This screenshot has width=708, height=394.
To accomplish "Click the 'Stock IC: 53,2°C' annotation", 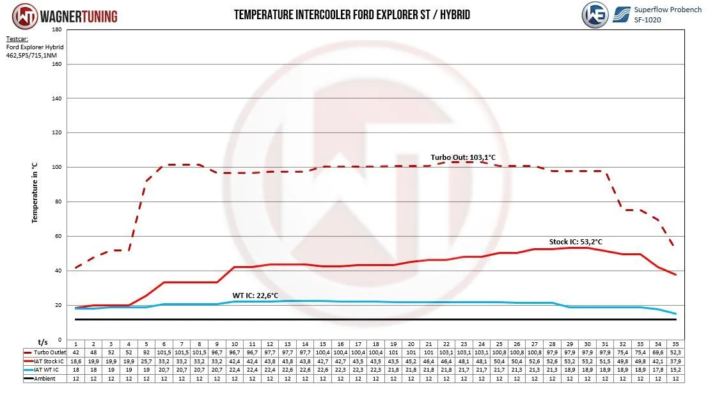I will pos(576,242).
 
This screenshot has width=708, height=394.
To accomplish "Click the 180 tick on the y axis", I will pos(56,29).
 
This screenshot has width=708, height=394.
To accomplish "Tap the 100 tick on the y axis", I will pos(56,167).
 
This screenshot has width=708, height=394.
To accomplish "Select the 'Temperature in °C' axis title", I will pos(36,193).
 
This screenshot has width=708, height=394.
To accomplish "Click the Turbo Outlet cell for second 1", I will pos(75,352).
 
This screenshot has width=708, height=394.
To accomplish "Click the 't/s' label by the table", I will pos(43,342).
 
